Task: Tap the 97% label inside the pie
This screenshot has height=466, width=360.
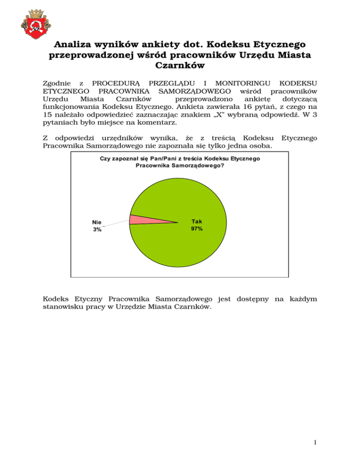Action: click(x=197, y=229)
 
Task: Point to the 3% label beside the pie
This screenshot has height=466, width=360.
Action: click(x=97, y=230)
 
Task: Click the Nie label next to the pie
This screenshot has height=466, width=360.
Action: click(x=97, y=223)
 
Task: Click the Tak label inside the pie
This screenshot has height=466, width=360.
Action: click(x=197, y=222)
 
